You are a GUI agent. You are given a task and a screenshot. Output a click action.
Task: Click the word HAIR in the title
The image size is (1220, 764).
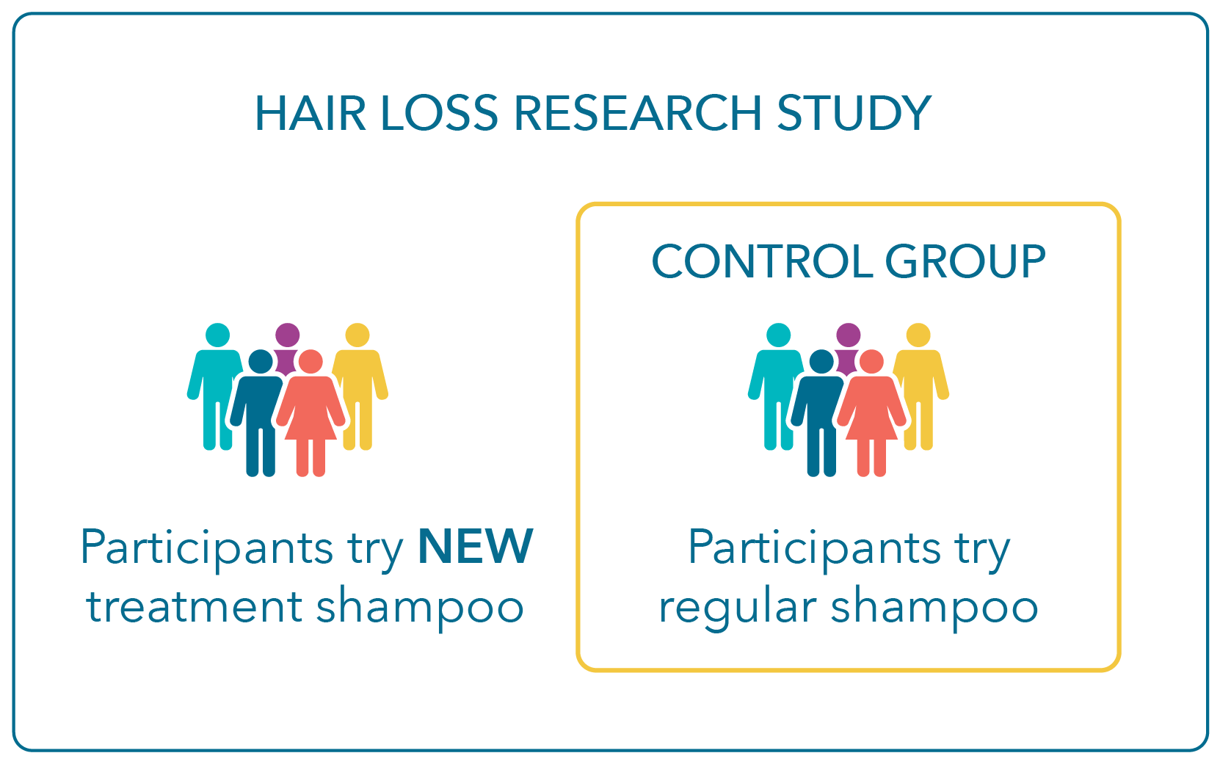point(310,113)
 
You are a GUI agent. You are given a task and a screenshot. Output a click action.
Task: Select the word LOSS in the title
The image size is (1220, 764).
point(439,113)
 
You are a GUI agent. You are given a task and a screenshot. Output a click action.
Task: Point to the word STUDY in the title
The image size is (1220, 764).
point(854,113)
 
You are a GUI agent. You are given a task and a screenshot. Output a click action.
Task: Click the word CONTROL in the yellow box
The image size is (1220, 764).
point(763,261)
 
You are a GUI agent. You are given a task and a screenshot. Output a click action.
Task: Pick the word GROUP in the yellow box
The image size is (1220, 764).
point(965,261)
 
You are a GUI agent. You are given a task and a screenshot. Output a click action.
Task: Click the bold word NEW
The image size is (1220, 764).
point(476,546)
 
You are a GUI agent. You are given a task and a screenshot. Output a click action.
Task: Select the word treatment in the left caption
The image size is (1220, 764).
point(194,606)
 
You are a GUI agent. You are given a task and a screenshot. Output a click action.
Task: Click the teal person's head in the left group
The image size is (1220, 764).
point(217,335)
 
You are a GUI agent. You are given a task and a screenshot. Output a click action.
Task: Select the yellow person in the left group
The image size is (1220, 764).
point(360,387)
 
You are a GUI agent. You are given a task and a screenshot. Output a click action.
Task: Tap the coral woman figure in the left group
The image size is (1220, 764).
point(311,414)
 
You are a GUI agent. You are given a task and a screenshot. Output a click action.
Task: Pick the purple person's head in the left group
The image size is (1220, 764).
point(288,335)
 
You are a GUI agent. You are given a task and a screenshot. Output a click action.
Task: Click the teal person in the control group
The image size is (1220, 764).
point(776,387)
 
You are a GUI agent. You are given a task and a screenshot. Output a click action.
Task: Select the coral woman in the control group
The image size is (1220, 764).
point(871,414)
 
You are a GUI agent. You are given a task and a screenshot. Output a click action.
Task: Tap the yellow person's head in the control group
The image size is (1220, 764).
point(918,335)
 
